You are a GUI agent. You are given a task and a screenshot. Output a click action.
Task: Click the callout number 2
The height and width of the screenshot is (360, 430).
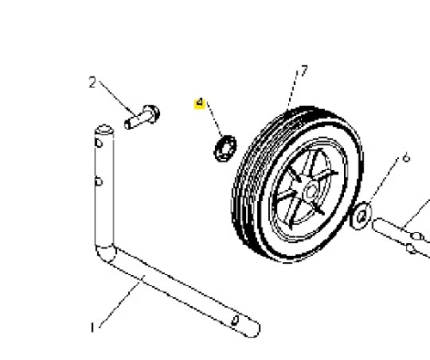[x=92, y=82]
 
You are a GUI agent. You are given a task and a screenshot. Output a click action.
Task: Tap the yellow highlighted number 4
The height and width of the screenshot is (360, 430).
[x=200, y=103]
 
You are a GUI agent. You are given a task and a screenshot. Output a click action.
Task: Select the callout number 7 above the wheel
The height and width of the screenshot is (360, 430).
[x=304, y=71]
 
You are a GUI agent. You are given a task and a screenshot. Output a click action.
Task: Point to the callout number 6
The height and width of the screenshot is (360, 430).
[x=407, y=158]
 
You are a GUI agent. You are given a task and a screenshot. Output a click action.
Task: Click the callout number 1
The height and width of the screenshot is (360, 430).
[x=92, y=327]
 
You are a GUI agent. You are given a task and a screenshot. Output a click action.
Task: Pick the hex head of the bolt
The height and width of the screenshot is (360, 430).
[x=151, y=114]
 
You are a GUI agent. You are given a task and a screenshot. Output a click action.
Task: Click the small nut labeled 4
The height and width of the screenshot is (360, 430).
[x=225, y=149]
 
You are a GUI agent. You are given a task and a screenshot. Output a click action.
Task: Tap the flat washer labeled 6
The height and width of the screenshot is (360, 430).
[x=361, y=216]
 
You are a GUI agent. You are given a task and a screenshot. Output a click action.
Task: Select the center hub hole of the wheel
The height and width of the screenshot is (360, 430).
[x=311, y=192]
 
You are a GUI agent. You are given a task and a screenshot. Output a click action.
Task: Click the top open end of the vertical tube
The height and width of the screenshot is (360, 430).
[x=104, y=130]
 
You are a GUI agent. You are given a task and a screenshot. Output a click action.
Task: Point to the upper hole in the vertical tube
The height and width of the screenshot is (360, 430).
[x=99, y=143]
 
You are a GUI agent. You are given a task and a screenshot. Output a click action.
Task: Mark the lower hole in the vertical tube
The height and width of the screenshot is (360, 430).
[x=99, y=181]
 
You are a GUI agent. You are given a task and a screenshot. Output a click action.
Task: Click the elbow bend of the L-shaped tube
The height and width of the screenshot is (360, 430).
[x=106, y=253]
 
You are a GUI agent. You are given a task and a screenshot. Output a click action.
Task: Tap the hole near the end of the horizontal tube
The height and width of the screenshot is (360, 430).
[x=235, y=320]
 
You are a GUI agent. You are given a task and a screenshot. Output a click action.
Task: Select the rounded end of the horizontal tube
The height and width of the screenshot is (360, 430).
[x=254, y=329]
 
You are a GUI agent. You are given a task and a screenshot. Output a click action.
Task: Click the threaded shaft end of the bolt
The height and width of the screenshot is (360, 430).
[x=128, y=125]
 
